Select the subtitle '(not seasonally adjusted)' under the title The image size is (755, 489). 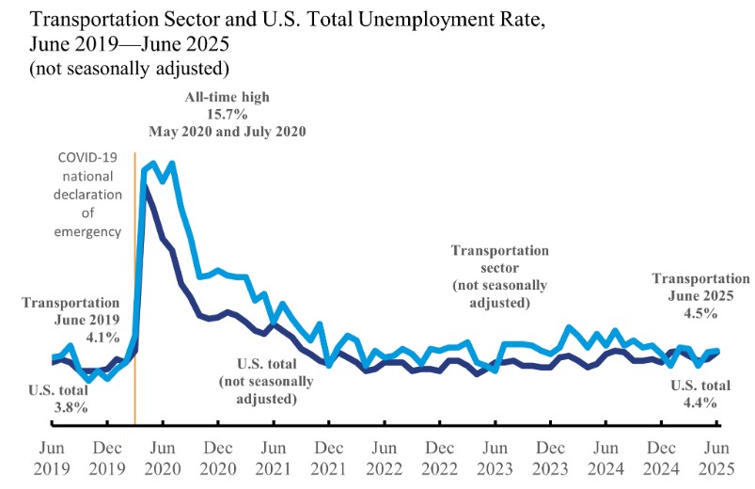click(130, 68)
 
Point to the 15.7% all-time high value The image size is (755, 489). click(227, 114)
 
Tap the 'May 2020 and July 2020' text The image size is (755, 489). click(227, 131)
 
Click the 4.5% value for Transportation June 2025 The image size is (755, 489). click(701, 312)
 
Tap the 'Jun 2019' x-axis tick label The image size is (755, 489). click(53, 457)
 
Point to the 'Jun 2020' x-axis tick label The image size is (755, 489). click(164, 457)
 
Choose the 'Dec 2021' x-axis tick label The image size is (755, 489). click(329, 457)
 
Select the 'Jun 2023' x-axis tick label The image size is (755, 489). click(496, 457)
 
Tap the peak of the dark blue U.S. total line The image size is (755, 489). click(145, 186)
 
